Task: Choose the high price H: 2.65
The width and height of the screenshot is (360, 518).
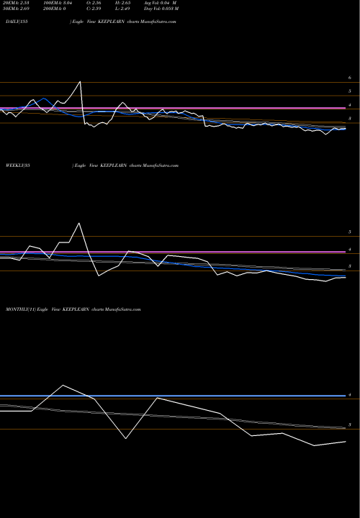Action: coord(129,4)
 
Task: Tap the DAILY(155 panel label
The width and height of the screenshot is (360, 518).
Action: coord(14,23)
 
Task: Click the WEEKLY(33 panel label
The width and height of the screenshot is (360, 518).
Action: coord(16,165)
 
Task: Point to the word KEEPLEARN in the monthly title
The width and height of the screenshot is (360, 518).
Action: coord(76,309)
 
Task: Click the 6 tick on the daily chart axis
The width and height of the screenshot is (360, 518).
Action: coord(349,78)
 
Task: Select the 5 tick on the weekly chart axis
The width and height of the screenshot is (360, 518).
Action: coord(349,232)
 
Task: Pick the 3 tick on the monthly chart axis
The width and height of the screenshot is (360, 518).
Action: coord(349,425)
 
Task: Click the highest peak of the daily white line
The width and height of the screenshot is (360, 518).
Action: coord(80,81)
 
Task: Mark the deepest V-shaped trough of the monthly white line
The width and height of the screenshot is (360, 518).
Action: coord(127,438)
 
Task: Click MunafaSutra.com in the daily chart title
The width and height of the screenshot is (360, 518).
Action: coord(160,23)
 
